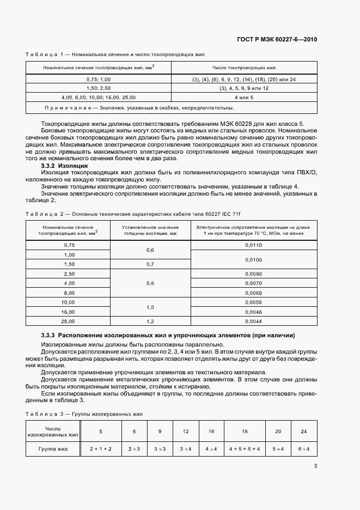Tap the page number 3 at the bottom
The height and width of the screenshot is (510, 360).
tap(315, 466)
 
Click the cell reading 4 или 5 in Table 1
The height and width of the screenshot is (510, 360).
tap(244, 97)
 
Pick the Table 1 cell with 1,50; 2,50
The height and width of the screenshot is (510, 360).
tap(99, 88)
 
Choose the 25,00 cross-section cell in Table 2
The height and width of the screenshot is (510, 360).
tap(68, 321)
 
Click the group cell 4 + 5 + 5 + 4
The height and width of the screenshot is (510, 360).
tap(245, 448)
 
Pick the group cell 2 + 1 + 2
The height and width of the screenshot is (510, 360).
tap(100, 448)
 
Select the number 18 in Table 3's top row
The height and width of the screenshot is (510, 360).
tap(245, 431)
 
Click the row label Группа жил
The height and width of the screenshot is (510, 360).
tap(53, 448)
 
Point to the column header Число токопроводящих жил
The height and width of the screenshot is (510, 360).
tap(244, 68)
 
